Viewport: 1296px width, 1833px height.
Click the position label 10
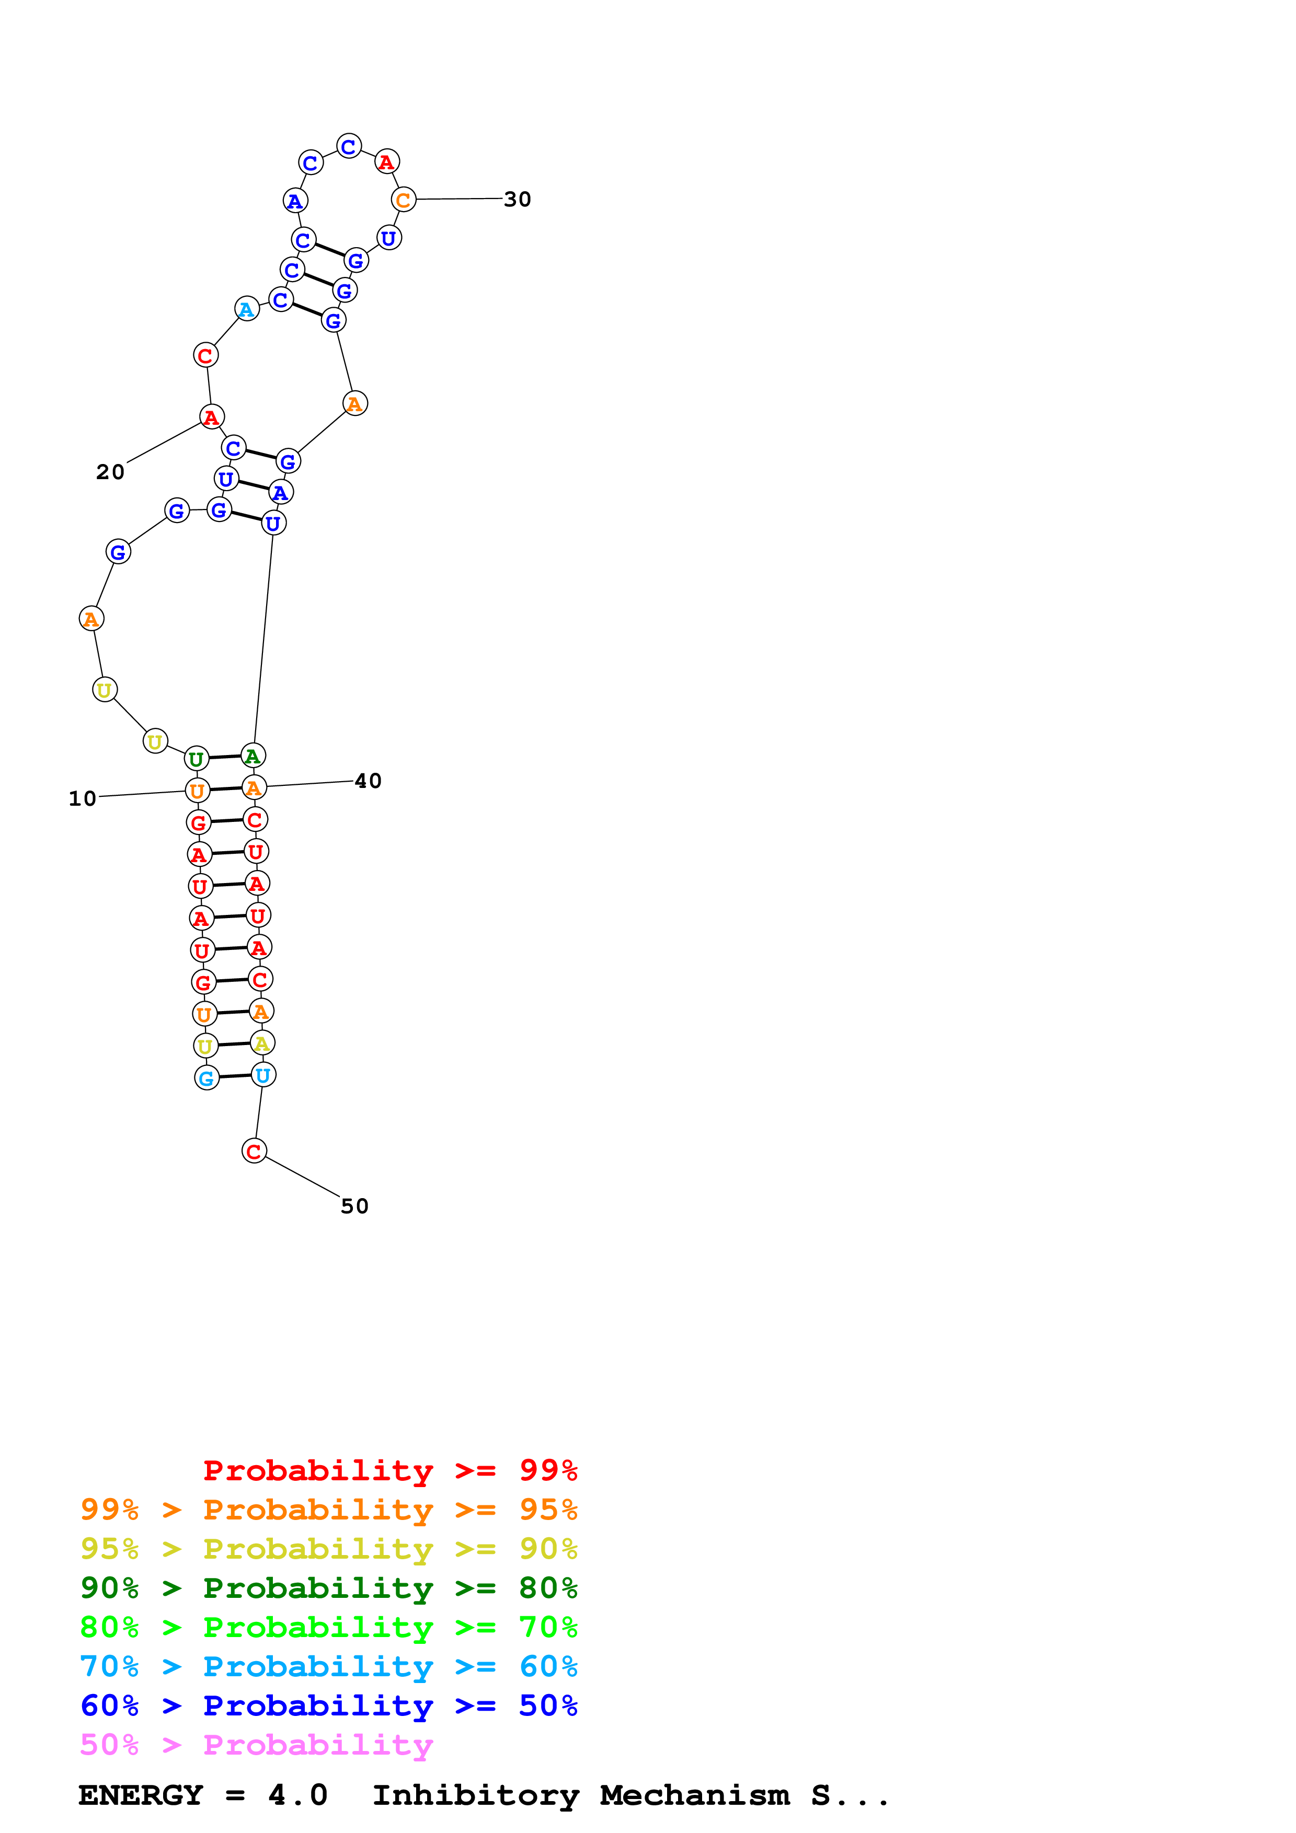pos(82,798)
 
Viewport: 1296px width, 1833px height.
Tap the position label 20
pos(110,472)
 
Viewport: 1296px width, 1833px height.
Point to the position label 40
pos(368,781)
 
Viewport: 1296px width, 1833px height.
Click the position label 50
pos(354,1206)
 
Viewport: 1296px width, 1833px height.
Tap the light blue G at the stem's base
pos(207,1078)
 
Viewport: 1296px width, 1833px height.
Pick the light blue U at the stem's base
pos(263,1075)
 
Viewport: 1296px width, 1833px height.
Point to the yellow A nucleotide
pos(262,1043)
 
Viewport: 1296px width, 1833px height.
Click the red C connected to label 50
pos(254,1151)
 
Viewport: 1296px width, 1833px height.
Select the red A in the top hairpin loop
pos(386,162)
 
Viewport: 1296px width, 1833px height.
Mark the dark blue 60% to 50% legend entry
pos(328,1706)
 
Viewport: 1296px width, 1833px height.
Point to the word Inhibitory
pos(475,1795)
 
